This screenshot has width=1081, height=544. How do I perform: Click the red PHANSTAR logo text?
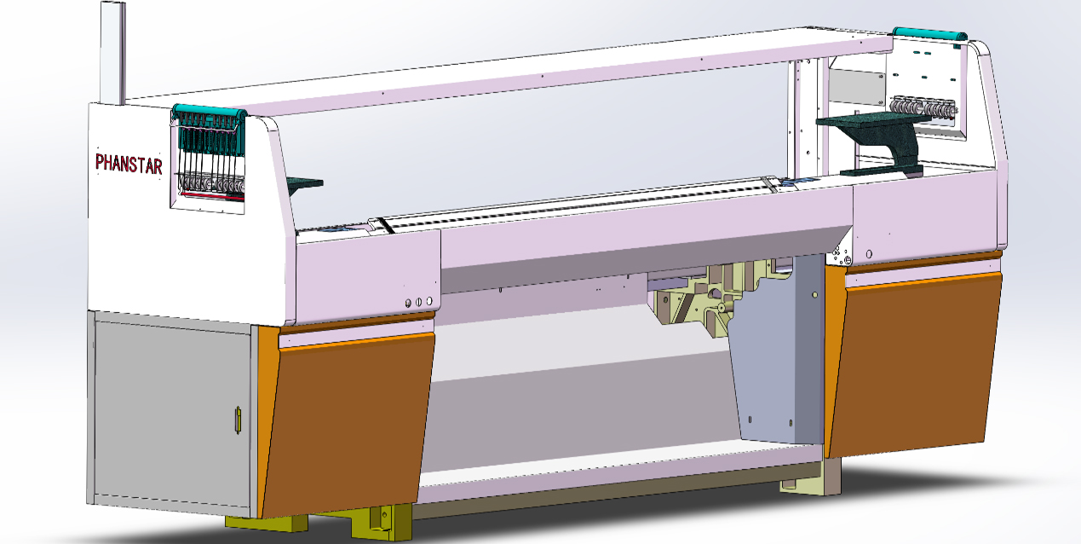(x=129, y=165)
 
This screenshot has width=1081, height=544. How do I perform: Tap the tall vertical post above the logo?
(x=113, y=53)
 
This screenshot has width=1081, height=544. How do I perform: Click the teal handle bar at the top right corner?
(x=929, y=34)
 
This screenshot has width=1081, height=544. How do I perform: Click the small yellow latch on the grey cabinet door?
(x=238, y=420)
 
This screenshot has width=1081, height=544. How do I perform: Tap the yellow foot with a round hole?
(x=382, y=523)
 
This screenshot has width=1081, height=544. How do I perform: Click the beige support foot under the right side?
(x=811, y=478)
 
